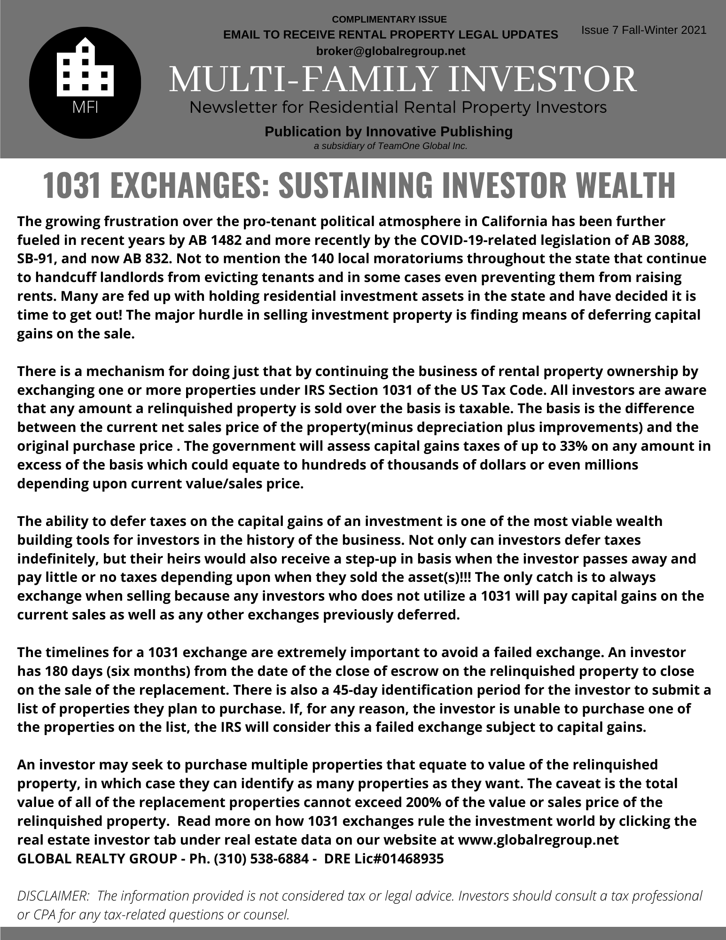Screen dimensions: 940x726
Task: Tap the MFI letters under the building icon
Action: point(85,108)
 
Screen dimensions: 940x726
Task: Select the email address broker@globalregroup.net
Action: point(390,51)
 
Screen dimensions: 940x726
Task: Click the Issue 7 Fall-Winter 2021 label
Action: point(643,31)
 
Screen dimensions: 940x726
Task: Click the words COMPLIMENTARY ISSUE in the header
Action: point(389,20)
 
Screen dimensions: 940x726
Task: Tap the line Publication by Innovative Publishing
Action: point(389,132)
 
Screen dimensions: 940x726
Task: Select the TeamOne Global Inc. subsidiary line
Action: point(390,146)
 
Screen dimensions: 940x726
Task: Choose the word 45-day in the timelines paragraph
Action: point(359,690)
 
